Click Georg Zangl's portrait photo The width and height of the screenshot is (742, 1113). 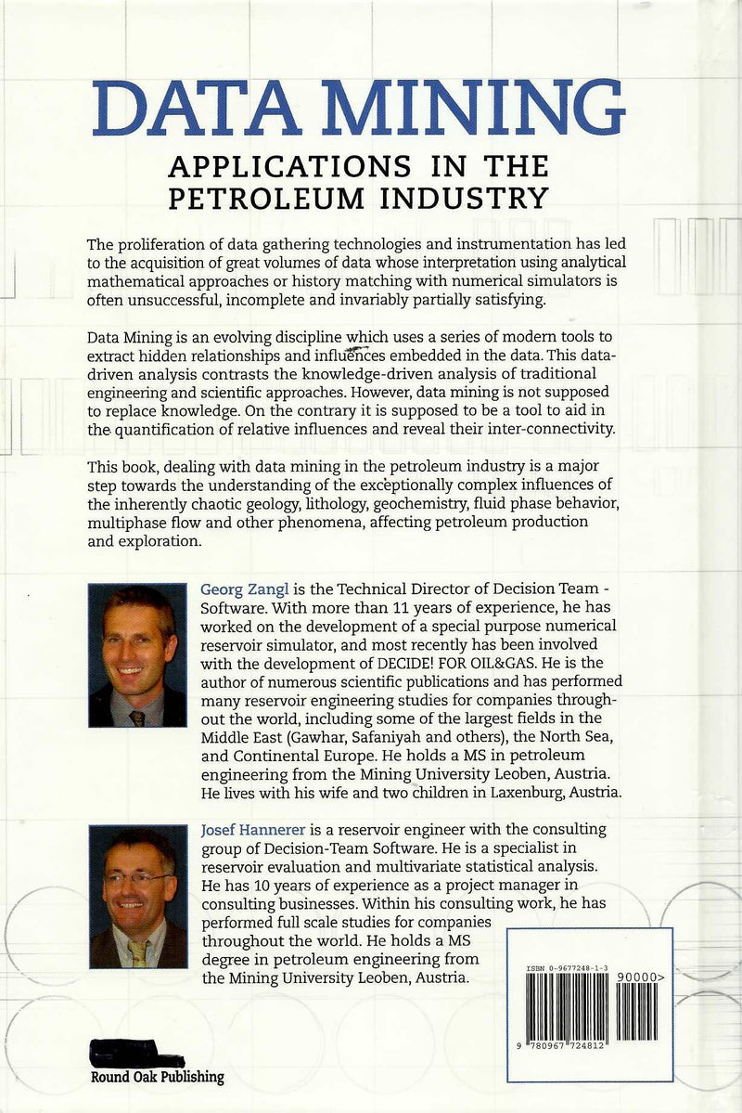(137, 655)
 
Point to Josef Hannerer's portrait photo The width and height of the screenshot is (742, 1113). (137, 896)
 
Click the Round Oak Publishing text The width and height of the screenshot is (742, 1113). (157, 1077)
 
